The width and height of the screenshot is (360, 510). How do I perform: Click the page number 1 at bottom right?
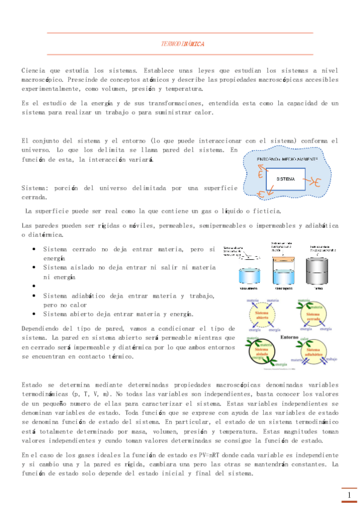tap(349, 495)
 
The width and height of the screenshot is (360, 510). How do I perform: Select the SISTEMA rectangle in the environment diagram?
tap(285, 179)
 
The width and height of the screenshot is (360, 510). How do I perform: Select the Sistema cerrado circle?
tap(314, 315)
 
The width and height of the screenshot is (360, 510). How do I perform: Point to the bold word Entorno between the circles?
tap(290, 336)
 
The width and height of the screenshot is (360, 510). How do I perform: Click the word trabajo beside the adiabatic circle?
tap(340, 359)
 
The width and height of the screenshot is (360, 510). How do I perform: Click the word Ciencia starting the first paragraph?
tap(31, 70)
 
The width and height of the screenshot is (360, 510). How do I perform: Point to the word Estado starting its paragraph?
tap(31, 383)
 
